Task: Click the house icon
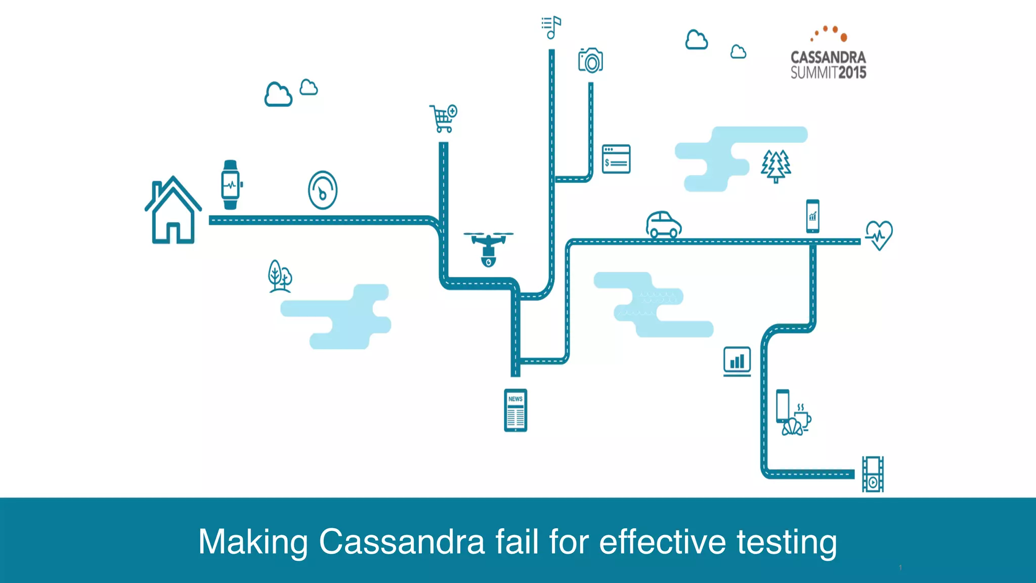point(173,211)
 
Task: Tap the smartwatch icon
point(231,185)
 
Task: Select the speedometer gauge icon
point(323,190)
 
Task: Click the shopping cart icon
point(443,118)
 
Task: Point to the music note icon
point(551,27)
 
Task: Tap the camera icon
point(590,61)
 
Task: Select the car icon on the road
point(664,225)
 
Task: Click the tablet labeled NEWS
point(515,410)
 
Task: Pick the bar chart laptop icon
point(737,361)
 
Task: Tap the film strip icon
point(873,474)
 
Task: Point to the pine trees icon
point(775,166)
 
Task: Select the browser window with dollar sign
point(616,159)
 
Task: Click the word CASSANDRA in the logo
point(828,57)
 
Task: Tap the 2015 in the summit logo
point(852,73)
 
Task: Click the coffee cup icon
point(802,418)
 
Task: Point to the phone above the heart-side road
point(812,216)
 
